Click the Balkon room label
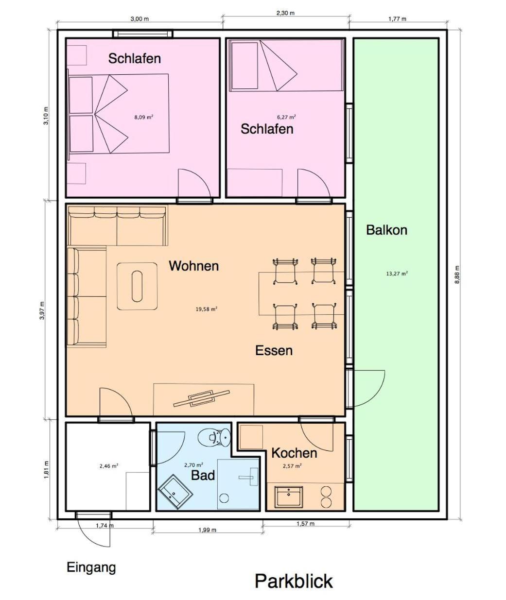pyautogui.click(x=387, y=230)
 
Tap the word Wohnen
pyautogui.click(x=194, y=266)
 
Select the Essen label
pyautogui.click(x=274, y=351)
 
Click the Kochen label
pyautogui.click(x=294, y=453)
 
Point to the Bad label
pyautogui.click(x=203, y=475)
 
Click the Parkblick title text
pyautogui.click(x=294, y=581)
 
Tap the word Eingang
pyautogui.click(x=91, y=568)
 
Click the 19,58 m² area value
pyautogui.click(x=206, y=309)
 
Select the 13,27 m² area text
pyautogui.click(x=397, y=274)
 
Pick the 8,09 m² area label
pyautogui.click(x=143, y=117)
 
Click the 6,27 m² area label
pyautogui.click(x=286, y=117)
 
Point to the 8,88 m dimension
pyautogui.click(x=457, y=274)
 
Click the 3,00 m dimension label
pyautogui.click(x=140, y=19)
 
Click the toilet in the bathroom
pyautogui.click(x=214, y=437)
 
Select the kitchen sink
pyautogui.click(x=288, y=497)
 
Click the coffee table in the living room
pyautogui.click(x=137, y=286)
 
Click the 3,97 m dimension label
pyautogui.click(x=42, y=310)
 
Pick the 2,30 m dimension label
pyautogui.click(x=286, y=13)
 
